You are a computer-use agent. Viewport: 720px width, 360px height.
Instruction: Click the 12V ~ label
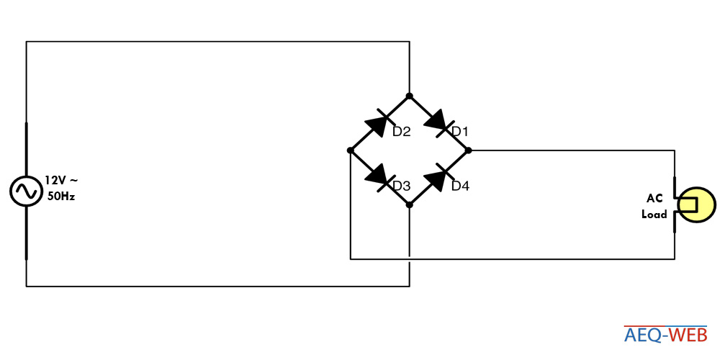pos(61,180)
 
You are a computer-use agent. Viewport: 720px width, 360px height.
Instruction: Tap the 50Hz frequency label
pos(61,197)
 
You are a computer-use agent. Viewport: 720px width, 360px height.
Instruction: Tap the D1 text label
pos(459,132)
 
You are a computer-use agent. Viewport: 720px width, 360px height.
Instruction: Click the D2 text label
pos(401,132)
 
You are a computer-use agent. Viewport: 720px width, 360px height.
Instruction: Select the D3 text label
pos(401,186)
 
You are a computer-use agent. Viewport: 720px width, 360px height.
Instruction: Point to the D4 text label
pos(461,186)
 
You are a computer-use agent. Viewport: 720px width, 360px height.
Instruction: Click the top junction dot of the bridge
pos(409,96)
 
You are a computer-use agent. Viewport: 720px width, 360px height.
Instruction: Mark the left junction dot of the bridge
pos(351,150)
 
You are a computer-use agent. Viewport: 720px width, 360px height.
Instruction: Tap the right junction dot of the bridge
pos(468,150)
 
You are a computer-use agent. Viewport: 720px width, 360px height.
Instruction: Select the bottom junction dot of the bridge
pos(409,204)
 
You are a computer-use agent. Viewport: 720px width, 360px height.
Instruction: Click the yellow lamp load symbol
pos(696,204)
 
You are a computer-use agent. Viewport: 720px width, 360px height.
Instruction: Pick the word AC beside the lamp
pos(654,199)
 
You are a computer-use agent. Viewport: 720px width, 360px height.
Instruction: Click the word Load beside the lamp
pos(654,214)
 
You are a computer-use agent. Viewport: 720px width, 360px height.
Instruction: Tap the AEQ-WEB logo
pos(665,335)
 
